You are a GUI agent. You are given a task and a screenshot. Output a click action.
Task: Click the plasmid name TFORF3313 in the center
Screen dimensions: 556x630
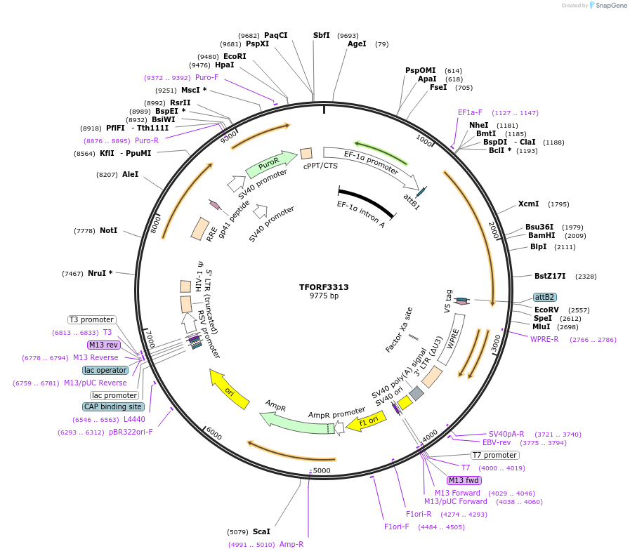[324, 287]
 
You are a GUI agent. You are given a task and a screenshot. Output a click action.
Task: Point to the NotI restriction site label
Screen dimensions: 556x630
[109, 230]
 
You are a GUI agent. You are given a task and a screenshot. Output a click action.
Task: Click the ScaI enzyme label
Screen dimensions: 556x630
[261, 531]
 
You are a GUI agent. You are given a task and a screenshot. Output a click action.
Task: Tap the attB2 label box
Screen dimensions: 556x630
[544, 297]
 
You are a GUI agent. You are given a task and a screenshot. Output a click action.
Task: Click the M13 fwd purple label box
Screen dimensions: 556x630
[464, 480]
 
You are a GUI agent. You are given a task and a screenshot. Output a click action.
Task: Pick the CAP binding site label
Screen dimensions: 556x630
[113, 406]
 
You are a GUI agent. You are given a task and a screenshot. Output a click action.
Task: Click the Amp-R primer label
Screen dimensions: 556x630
[291, 544]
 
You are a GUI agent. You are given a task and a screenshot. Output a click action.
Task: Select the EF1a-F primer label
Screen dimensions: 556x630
[470, 112]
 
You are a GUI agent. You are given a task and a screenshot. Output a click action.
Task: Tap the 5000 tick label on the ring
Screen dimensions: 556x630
[321, 470]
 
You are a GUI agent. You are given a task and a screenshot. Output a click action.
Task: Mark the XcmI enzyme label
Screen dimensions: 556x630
[528, 204]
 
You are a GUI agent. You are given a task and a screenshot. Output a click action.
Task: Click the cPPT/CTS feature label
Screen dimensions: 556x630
[320, 166]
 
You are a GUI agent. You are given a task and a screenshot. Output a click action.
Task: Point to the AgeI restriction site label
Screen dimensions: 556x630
[357, 44]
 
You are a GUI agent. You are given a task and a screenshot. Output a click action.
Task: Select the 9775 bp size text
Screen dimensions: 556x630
[324, 296]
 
